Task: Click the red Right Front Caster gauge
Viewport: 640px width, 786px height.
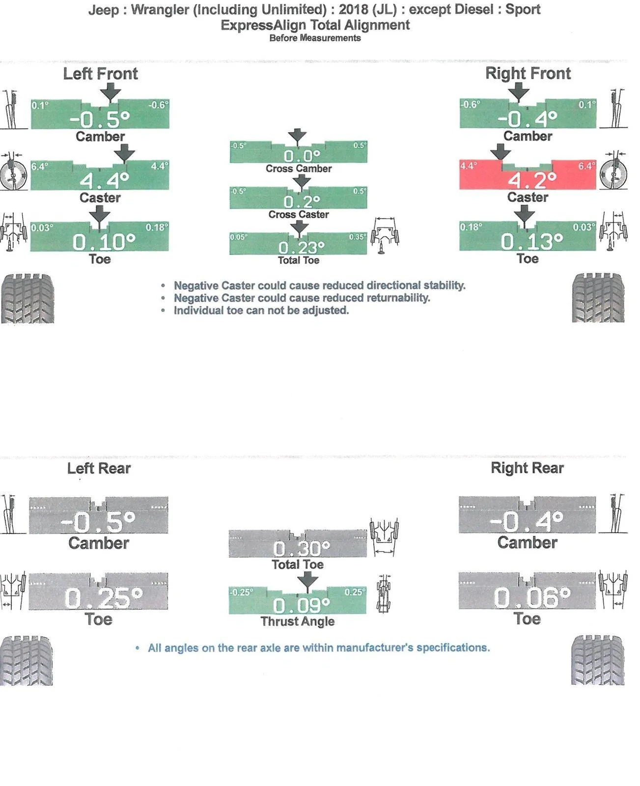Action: click(x=528, y=175)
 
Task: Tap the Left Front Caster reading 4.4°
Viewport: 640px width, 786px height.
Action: click(x=105, y=181)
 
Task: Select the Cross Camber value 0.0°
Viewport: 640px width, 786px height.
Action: click(x=302, y=156)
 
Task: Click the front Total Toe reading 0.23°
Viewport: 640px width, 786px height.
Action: click(x=302, y=247)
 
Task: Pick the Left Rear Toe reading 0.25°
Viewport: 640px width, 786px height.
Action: click(x=103, y=598)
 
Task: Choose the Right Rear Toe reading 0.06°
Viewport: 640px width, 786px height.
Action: click(x=532, y=597)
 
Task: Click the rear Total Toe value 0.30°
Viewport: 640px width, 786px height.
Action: click(x=302, y=548)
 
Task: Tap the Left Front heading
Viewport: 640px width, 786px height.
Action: click(x=100, y=74)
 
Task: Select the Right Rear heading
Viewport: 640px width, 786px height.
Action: click(x=527, y=468)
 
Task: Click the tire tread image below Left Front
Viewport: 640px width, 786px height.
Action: click(x=28, y=298)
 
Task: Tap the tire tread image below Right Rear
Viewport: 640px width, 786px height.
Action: click(x=598, y=660)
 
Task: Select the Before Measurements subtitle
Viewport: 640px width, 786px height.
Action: click(x=315, y=38)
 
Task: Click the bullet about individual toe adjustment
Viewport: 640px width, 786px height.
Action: click(x=261, y=310)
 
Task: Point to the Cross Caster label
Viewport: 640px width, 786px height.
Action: click(x=299, y=214)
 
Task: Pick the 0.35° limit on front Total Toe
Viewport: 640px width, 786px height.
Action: click(x=358, y=237)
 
